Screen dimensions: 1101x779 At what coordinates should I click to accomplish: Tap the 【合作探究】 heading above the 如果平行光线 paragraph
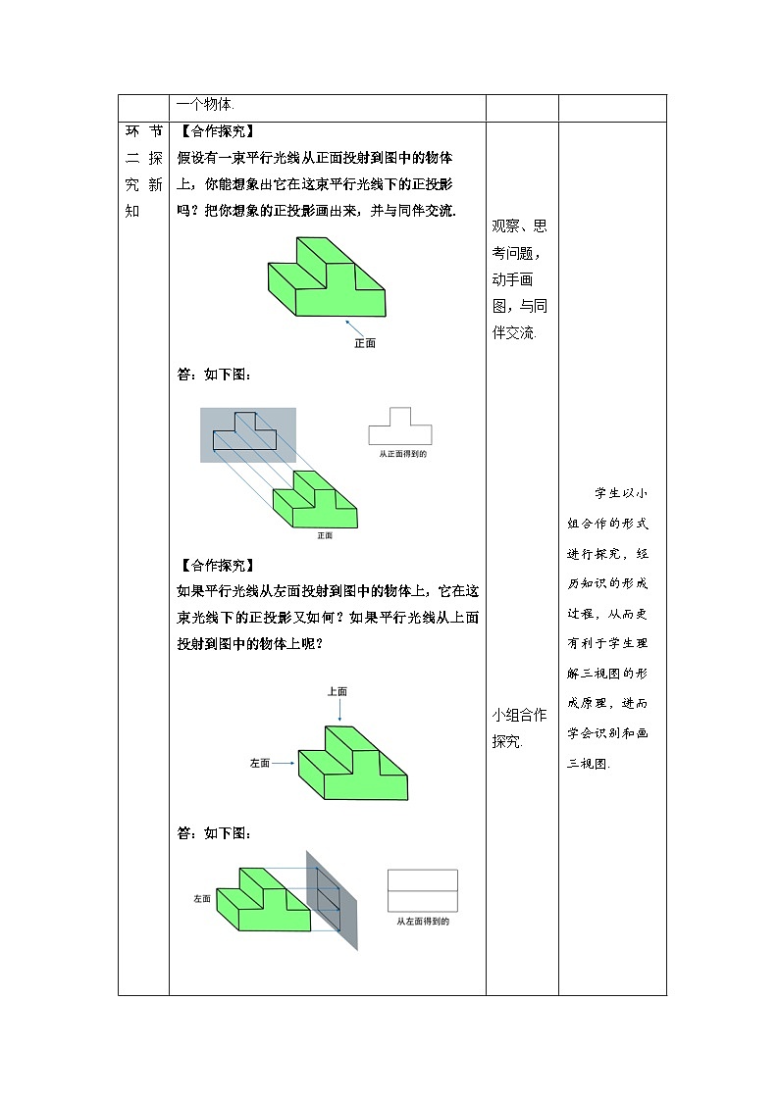click(x=217, y=565)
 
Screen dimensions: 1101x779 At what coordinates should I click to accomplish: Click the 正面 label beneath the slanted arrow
click(x=365, y=343)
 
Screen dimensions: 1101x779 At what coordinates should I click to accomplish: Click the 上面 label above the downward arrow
click(x=338, y=691)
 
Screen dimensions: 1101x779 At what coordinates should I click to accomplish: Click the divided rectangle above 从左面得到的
click(x=423, y=891)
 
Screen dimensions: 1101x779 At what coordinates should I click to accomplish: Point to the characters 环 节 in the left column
click(x=143, y=131)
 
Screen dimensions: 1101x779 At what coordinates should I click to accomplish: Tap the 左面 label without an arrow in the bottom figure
click(x=202, y=898)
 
